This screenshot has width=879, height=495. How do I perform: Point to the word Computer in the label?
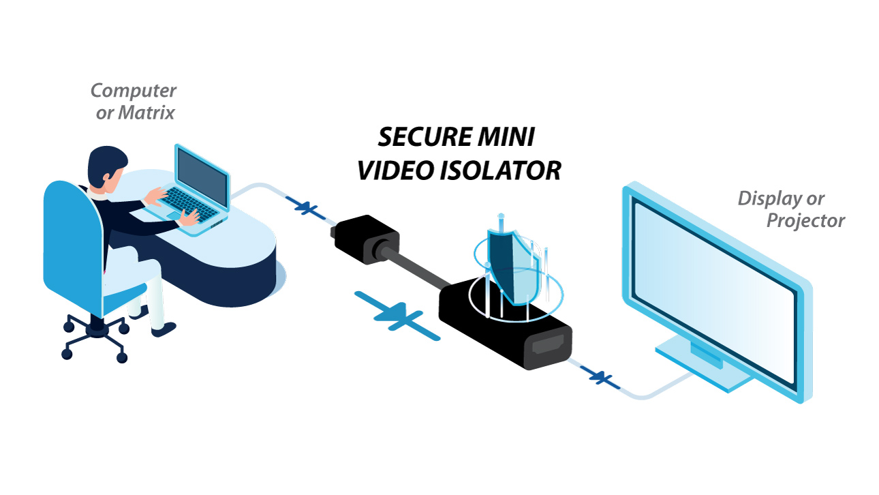pyautogui.click(x=134, y=90)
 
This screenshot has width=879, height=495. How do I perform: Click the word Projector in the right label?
pyautogui.click(x=805, y=220)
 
